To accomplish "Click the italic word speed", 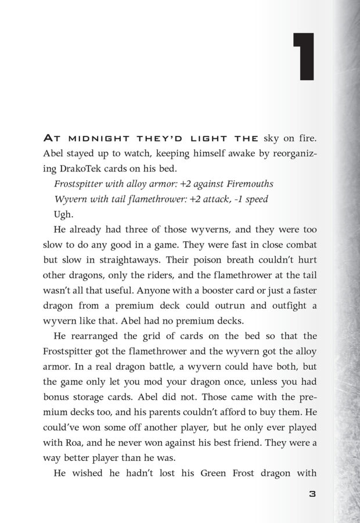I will pos(256,199).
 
